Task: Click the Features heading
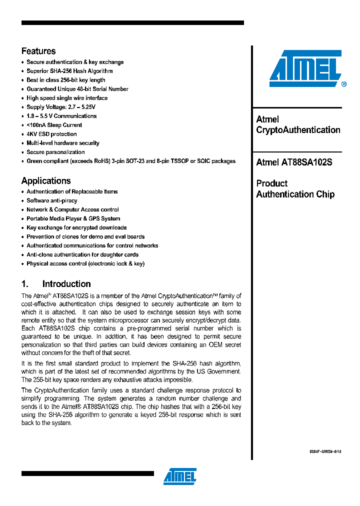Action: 38,51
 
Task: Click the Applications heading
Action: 46,181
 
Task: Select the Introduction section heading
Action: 66,284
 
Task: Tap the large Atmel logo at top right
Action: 305,68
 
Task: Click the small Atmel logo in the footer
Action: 179,476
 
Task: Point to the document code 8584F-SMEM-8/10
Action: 325,450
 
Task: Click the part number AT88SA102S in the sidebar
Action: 306,162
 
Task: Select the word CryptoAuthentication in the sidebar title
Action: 298,130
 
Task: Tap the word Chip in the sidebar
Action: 325,194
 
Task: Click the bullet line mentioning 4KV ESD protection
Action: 51,134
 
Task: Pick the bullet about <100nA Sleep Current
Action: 54,125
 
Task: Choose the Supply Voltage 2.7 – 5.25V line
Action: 60,107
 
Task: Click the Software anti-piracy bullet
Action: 52,200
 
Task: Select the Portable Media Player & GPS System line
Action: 73,218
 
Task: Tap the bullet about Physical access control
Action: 85,263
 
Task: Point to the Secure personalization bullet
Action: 55,152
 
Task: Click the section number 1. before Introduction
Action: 25,284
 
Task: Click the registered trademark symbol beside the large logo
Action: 343,85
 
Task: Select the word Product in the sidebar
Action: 272,183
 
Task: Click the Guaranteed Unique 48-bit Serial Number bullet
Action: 77,89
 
